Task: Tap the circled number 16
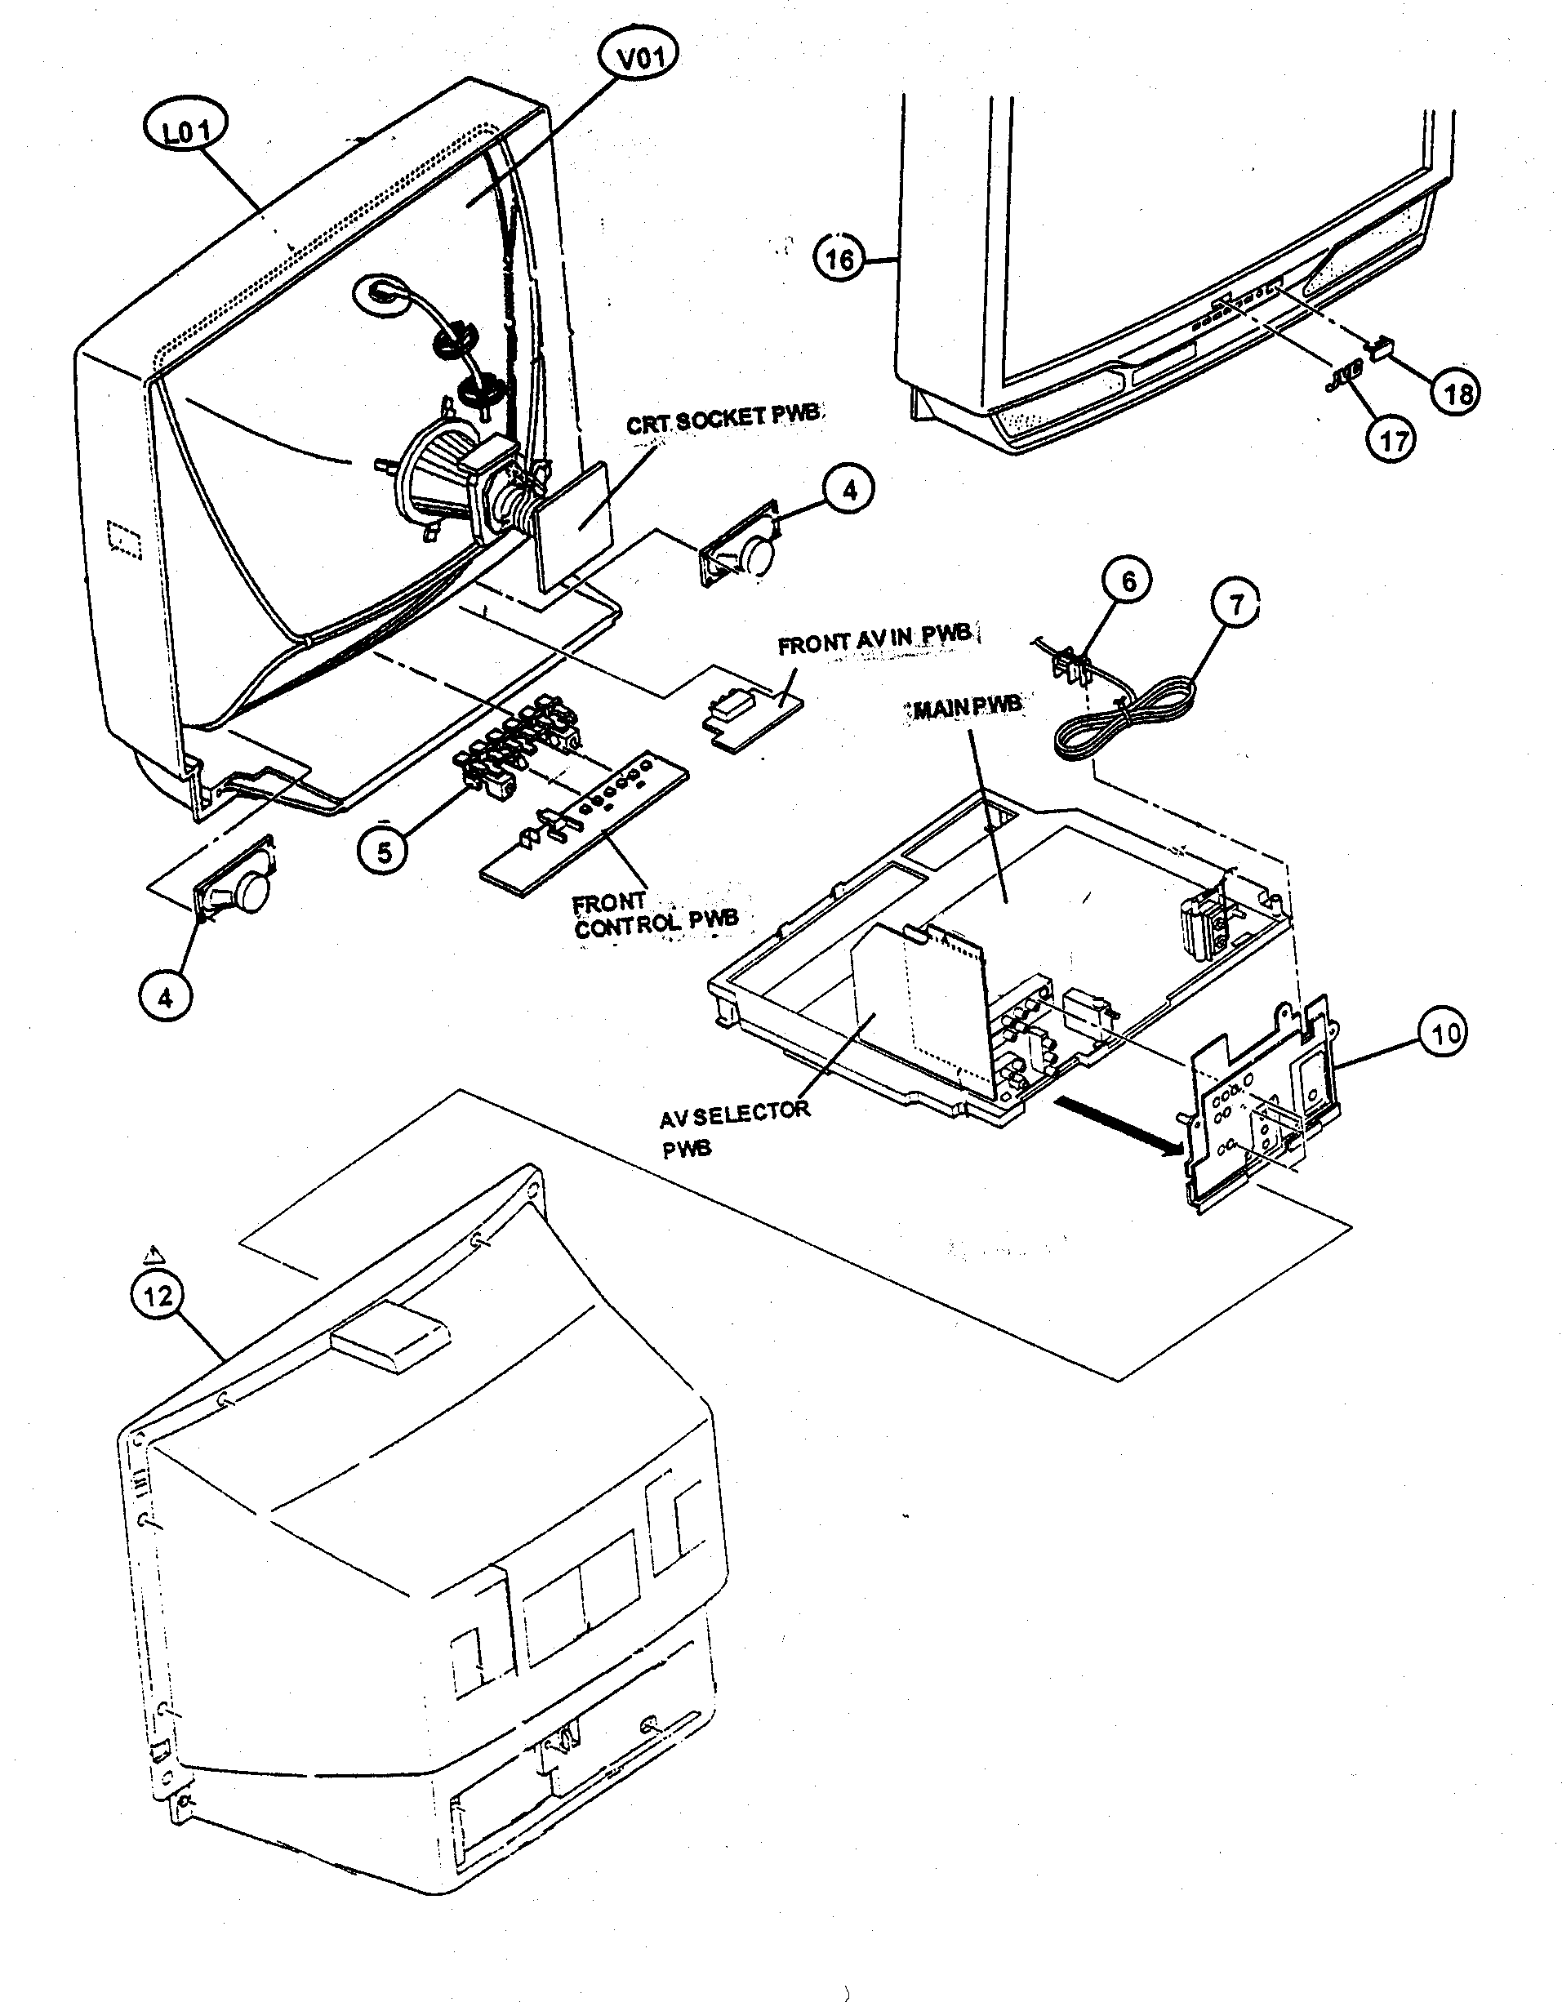(839, 260)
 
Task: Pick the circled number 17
(1392, 441)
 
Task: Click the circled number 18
(1457, 393)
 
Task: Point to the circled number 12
(158, 1297)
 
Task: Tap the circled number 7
(1235, 606)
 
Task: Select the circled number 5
(383, 852)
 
